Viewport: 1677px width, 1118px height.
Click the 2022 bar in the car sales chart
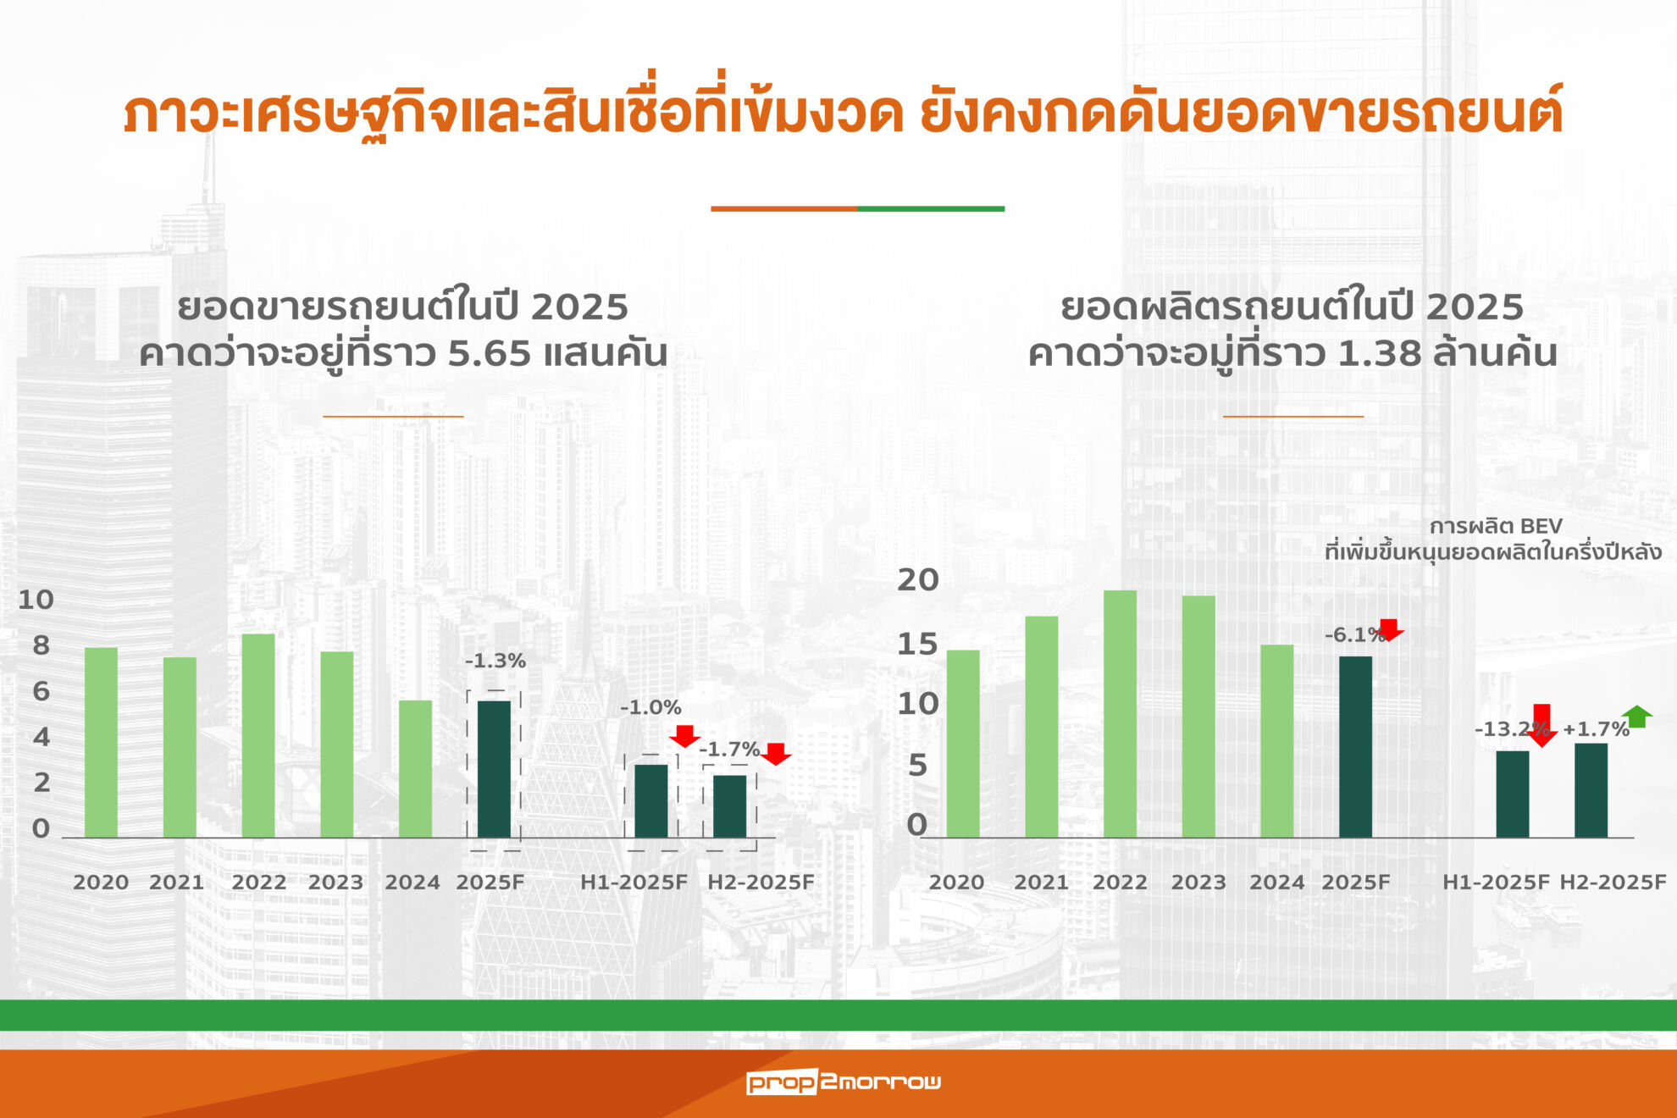[258, 736]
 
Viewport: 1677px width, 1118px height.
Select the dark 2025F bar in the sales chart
[495, 769]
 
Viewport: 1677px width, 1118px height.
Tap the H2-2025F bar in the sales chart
[730, 806]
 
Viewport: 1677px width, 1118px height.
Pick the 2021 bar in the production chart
[1042, 727]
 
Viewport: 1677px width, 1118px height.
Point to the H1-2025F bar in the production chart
[1513, 794]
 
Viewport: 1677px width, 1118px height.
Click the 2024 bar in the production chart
[1277, 741]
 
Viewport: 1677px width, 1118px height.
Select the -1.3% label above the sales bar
[495, 661]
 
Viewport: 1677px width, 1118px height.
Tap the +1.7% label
[1596, 729]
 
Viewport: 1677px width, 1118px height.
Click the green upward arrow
[1637, 717]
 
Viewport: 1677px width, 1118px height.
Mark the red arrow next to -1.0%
[685, 736]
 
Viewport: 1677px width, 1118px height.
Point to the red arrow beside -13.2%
[1542, 725]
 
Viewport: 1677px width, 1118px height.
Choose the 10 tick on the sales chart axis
[36, 600]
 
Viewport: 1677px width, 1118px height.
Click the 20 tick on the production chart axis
[918, 580]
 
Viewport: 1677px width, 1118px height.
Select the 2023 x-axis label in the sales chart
[335, 883]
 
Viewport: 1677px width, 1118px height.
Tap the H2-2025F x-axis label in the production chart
[1613, 883]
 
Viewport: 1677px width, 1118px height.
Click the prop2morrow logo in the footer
[844, 1082]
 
